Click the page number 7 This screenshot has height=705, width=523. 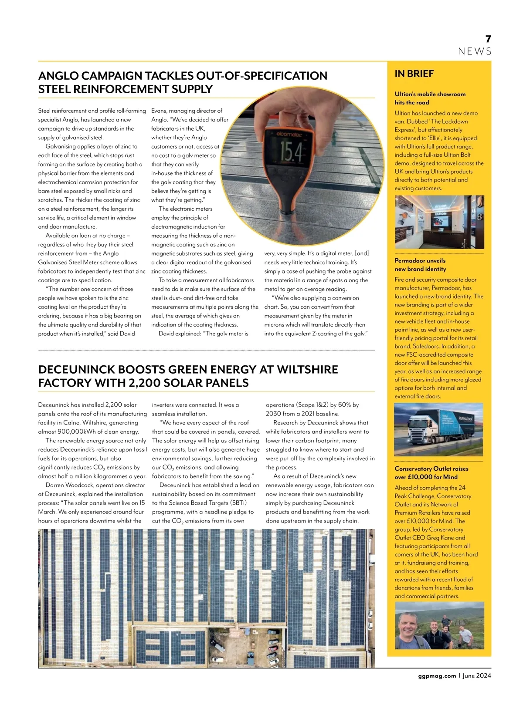tap(488, 39)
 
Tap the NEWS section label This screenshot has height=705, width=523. tap(475, 51)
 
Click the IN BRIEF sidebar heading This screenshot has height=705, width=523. tap(414, 74)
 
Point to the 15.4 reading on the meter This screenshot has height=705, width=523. tap(291, 151)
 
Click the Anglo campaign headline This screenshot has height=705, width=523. tap(183, 82)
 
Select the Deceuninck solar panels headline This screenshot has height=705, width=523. tap(188, 376)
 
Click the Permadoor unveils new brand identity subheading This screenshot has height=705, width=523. tap(420, 265)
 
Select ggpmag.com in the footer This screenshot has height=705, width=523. tap(434, 676)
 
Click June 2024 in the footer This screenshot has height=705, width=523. tap(477, 676)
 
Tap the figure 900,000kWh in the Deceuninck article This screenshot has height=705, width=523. tap(78, 432)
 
